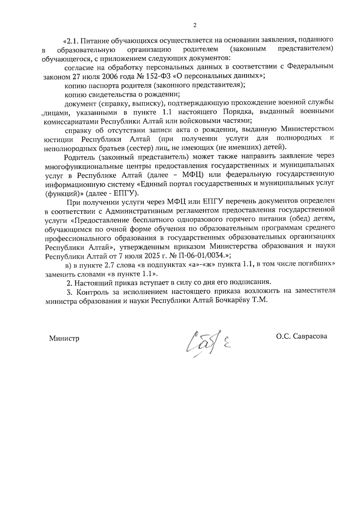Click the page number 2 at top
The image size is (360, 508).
pos(195,25)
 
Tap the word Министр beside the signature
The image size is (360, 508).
pos(64,339)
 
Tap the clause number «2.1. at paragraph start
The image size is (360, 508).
pos(71,40)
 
